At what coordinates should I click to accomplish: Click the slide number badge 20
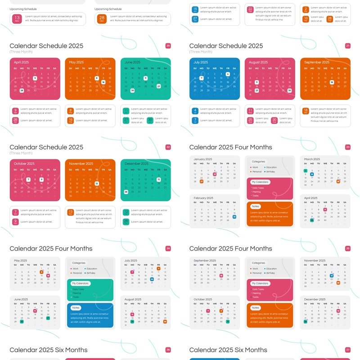168,46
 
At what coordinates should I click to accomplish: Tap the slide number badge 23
348,147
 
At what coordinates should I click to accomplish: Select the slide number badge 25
348,248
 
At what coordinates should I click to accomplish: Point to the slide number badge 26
168,350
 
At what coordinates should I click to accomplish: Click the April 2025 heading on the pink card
21,63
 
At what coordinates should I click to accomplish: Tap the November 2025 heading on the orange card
81,164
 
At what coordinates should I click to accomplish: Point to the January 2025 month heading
203,159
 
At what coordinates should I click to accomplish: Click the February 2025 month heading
204,198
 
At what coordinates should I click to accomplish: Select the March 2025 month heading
312,159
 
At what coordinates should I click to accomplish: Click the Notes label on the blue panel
76,308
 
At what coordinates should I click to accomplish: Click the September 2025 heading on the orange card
317,63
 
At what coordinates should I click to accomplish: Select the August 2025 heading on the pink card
258,63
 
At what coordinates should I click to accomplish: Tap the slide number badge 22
168,147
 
